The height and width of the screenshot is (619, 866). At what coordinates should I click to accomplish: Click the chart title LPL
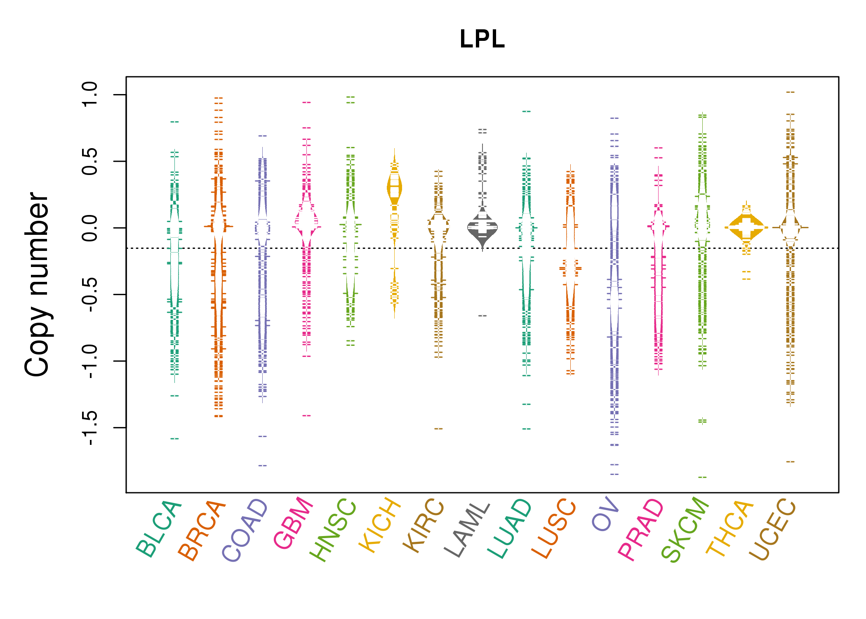[x=482, y=40]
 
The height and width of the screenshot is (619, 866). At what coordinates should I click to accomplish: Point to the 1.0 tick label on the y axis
[x=90, y=95]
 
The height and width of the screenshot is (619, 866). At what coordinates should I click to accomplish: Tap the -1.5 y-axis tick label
[x=90, y=428]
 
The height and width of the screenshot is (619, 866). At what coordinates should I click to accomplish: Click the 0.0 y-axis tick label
[x=90, y=228]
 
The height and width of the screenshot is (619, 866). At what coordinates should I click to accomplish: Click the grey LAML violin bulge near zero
[x=482, y=227]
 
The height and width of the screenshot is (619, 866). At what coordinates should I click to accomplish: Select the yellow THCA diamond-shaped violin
[x=746, y=227]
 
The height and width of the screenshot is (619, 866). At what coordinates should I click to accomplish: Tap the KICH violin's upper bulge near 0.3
[x=394, y=188]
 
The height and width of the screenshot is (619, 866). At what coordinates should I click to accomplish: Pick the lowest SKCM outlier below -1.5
[x=702, y=477]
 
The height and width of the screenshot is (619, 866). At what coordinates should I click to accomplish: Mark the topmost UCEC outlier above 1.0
[x=790, y=92]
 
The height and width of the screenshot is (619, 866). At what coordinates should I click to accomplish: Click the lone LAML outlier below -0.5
[x=482, y=316]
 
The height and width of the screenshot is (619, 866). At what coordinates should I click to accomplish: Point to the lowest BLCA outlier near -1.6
[x=174, y=439]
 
